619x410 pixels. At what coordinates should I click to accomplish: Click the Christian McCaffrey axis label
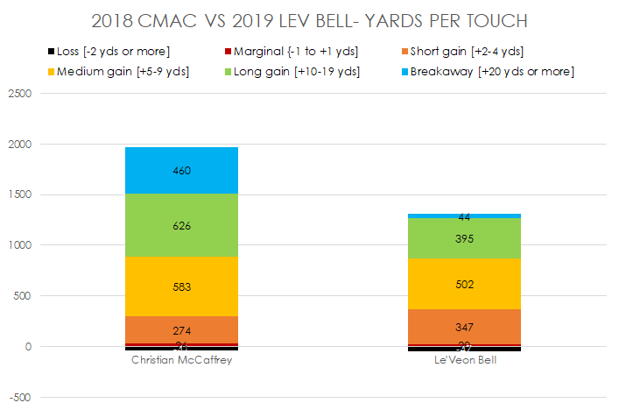coord(181,360)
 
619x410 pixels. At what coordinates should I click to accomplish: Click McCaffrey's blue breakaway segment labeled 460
coord(181,171)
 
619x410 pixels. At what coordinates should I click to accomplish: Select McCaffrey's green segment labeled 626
coord(181,226)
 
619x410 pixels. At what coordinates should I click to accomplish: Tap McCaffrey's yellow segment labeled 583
coord(181,286)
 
